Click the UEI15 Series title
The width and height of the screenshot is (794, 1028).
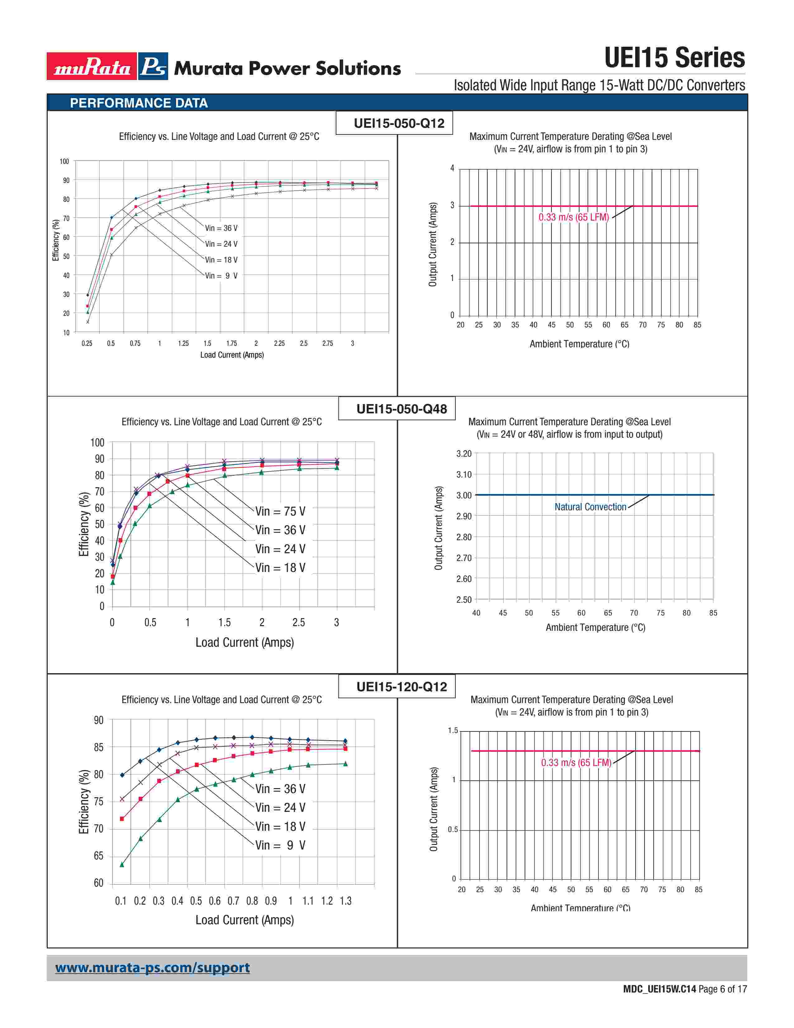(x=674, y=58)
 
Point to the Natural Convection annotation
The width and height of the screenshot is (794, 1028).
(x=590, y=507)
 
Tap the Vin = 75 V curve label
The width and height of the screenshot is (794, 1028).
(x=280, y=511)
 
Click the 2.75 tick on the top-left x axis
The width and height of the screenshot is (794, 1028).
(x=327, y=344)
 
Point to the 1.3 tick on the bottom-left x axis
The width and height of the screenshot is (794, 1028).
(x=346, y=901)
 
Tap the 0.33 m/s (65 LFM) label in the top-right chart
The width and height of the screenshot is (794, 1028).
(x=573, y=217)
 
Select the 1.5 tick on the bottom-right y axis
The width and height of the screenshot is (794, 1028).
(x=452, y=731)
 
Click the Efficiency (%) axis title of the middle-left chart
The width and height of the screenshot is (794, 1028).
(x=84, y=524)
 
